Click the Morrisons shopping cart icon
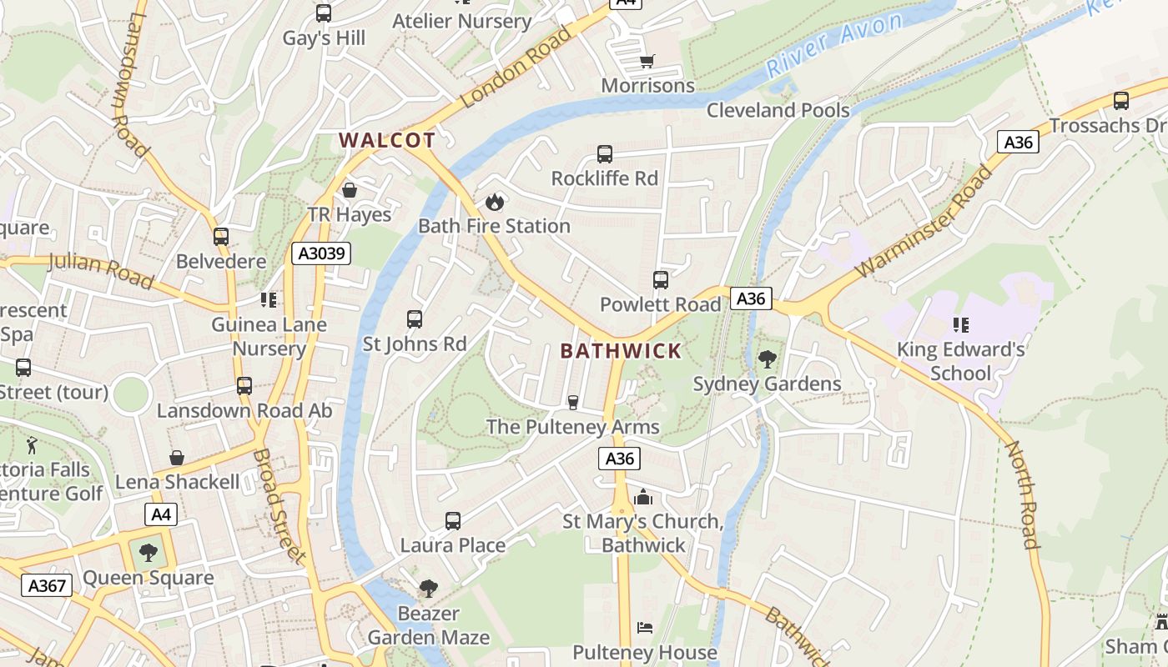pos(647,61)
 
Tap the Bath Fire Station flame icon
pos(494,201)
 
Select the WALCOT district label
pos(387,140)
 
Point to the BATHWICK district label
pos(621,351)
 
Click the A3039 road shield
pos(321,253)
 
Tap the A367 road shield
pos(47,585)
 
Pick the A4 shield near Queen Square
pos(161,514)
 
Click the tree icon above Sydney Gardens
pos(767,359)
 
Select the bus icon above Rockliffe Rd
pos(605,154)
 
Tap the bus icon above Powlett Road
pos(661,280)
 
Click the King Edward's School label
pos(960,361)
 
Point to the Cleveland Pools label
pos(778,110)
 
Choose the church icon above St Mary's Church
pos(642,498)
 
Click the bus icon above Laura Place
pos(453,521)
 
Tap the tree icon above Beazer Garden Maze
pos(429,589)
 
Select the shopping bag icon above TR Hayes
pos(350,190)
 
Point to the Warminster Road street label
pos(925,223)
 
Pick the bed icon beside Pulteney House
pos(644,627)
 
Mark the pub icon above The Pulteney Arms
pos(573,403)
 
